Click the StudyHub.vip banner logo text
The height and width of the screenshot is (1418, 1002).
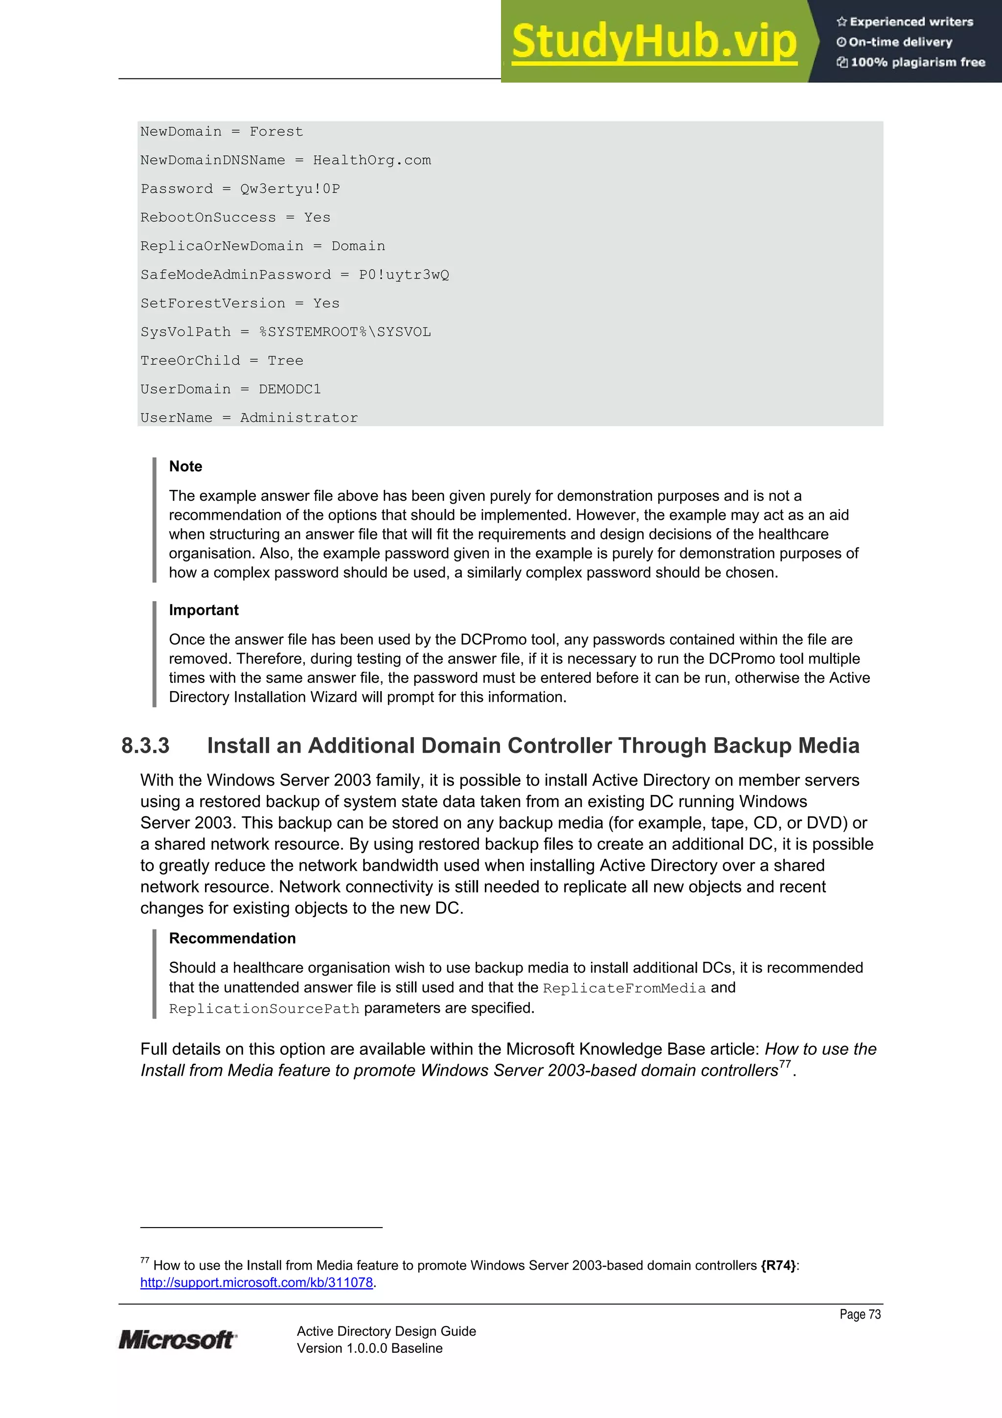pos(654,42)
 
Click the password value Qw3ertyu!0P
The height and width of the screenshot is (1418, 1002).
pos(290,189)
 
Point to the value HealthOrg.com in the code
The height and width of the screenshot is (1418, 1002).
pos(372,161)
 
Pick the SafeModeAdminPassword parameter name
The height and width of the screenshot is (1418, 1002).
pos(235,275)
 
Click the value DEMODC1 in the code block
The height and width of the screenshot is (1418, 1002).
pos(290,390)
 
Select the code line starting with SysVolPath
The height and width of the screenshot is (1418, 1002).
pos(285,332)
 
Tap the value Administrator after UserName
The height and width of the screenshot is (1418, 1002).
pos(299,418)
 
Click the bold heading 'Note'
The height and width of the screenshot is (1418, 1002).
pos(185,466)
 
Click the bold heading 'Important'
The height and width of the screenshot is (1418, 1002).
pos(204,610)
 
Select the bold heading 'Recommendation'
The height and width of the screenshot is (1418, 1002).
pos(232,938)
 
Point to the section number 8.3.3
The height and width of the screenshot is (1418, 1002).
pos(145,746)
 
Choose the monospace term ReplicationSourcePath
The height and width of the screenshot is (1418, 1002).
pos(264,1009)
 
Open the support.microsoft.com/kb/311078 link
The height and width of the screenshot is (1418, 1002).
pos(256,1283)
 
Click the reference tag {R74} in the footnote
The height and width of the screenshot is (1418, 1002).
pos(778,1265)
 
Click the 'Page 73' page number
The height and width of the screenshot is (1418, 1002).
pos(860,1314)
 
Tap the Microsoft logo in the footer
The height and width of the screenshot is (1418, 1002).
pos(177,1340)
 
